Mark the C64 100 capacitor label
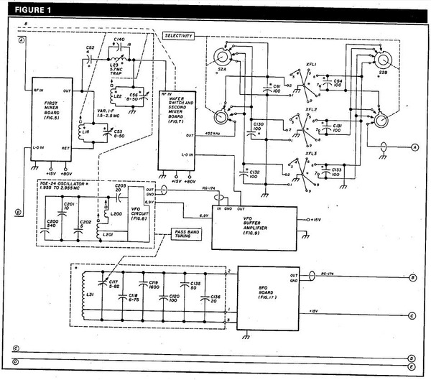pos(338,84)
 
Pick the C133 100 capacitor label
pos(338,173)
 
